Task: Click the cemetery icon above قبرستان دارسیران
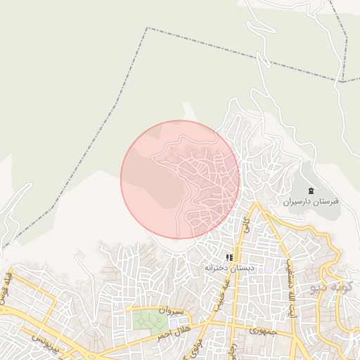click(x=311, y=191)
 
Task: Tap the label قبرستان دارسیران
click(x=311, y=201)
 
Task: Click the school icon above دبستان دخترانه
click(x=229, y=259)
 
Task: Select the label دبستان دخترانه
click(x=229, y=268)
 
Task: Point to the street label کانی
click(x=245, y=225)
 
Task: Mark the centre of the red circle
click(x=180, y=179)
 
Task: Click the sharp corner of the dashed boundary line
click(x=147, y=28)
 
